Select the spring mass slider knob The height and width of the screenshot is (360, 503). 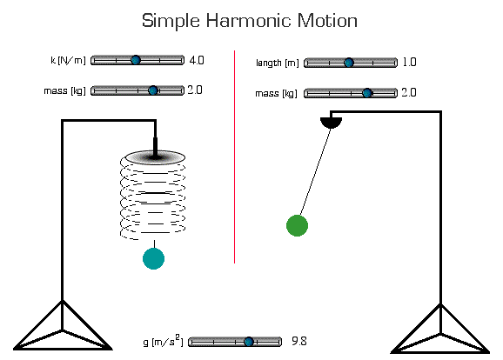(x=153, y=90)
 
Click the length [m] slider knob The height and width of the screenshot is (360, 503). (x=349, y=63)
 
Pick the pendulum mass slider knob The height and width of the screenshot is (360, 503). (x=367, y=92)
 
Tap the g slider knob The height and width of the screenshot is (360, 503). (x=249, y=342)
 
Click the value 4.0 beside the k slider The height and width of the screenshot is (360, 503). (x=196, y=60)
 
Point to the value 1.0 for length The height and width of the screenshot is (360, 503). (x=410, y=63)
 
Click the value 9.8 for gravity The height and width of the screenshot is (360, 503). (x=298, y=342)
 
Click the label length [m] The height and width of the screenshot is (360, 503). (x=278, y=63)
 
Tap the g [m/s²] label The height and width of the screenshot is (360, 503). (x=162, y=342)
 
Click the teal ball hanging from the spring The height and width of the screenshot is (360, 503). (x=153, y=258)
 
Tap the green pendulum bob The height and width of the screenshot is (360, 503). (x=297, y=225)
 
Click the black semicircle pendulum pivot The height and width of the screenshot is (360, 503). (x=331, y=122)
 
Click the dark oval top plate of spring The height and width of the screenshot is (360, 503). (x=155, y=157)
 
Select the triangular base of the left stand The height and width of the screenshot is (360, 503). (x=62, y=330)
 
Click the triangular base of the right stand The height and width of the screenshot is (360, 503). (x=440, y=332)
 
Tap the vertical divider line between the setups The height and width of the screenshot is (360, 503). (x=234, y=157)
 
